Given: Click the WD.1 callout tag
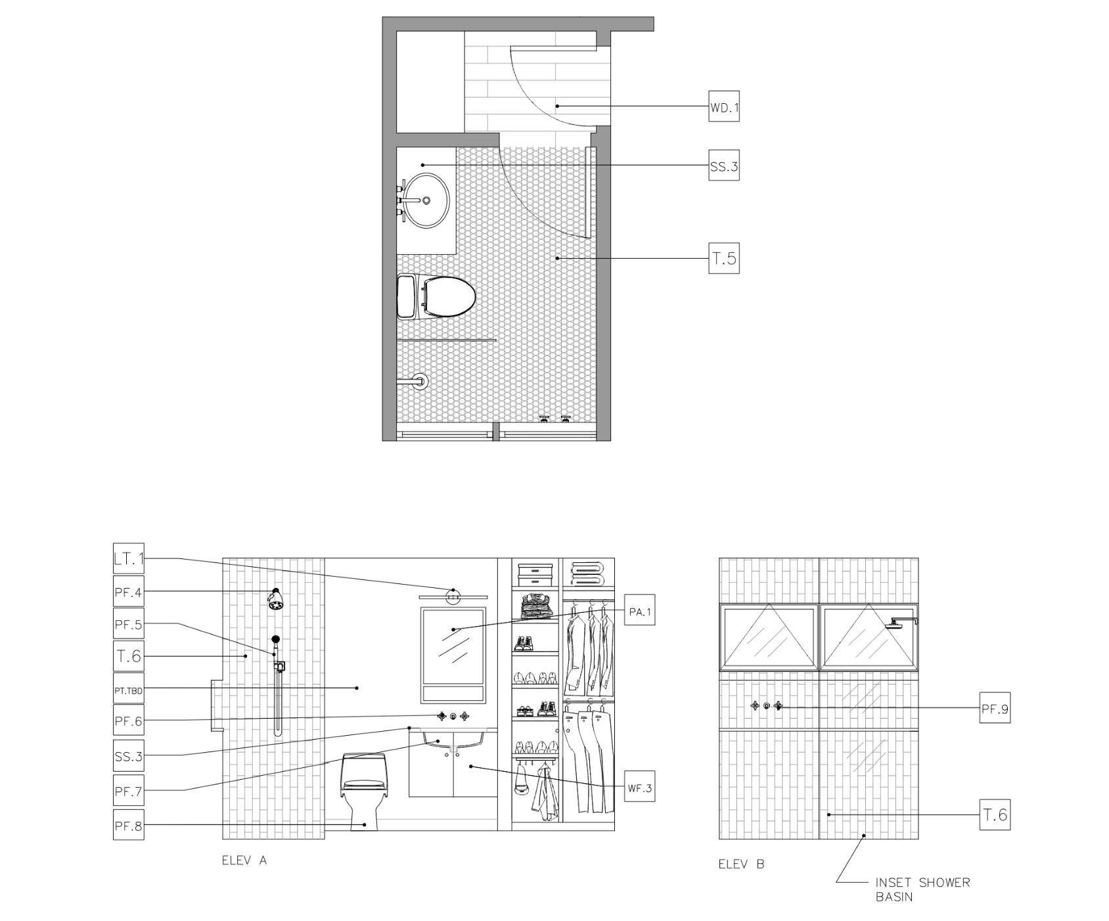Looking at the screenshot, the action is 724,106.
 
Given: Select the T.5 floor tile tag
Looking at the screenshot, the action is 724,258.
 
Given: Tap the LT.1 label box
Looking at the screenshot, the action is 128,559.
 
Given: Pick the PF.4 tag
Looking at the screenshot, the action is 128,592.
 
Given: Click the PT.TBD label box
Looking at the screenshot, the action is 128,690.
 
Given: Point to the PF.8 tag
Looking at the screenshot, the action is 128,826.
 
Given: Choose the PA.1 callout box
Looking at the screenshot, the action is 639,612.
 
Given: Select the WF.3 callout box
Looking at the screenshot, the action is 639,788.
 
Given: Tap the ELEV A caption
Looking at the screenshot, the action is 244,860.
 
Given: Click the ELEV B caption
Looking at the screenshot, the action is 742,865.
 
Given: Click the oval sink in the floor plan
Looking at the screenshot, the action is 426,200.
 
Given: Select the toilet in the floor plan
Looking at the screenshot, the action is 436,296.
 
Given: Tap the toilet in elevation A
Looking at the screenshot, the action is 363,792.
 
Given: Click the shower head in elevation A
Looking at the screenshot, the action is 276,598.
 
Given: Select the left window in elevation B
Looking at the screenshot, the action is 769,637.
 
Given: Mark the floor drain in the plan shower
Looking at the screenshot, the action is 419,382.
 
